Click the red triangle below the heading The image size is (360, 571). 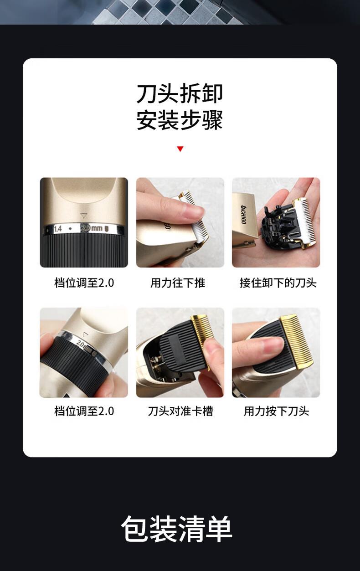coord(180,149)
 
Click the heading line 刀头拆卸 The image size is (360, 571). coord(180,93)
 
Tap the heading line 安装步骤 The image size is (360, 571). coord(180,120)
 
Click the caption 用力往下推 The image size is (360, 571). coord(178,283)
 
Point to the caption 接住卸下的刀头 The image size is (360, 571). coord(278,283)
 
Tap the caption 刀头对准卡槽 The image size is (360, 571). coord(180,411)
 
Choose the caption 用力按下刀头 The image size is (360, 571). coord(277,411)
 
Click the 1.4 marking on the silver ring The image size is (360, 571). coord(58,229)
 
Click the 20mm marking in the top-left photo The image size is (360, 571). coord(92,228)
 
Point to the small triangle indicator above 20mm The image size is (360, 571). coord(83,216)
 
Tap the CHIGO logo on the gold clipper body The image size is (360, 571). coord(243,214)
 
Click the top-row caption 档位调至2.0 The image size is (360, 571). coord(84,283)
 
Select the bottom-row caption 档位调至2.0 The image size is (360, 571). coord(84,411)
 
